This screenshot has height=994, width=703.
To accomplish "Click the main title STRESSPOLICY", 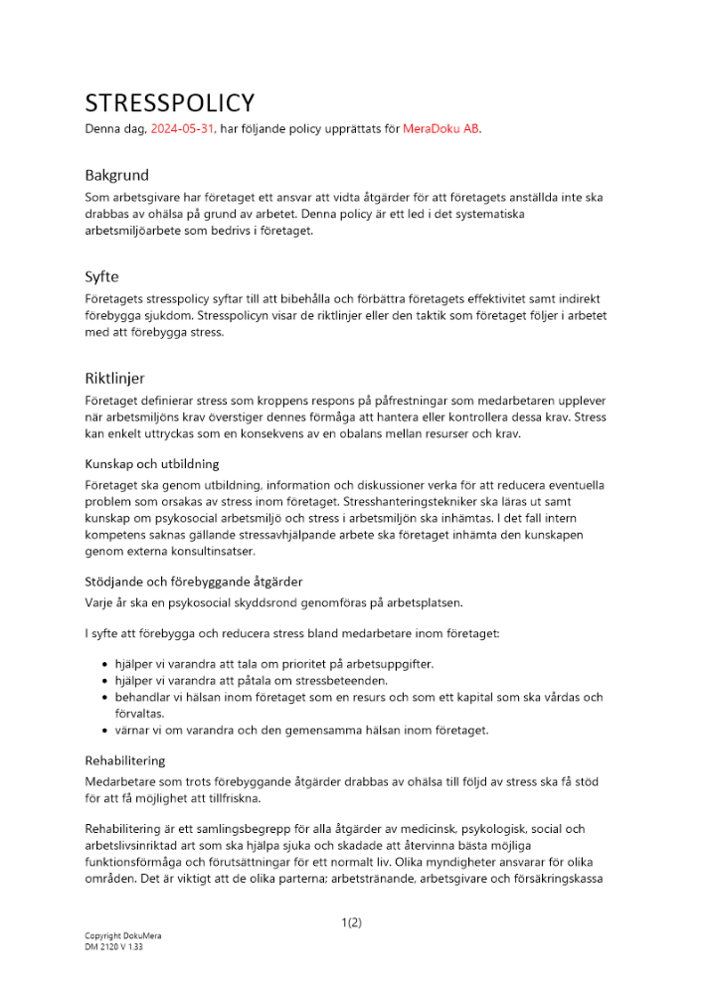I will [x=169, y=103].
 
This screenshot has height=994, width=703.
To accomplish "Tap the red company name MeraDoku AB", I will [x=440, y=129].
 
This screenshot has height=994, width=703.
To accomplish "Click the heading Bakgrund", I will [x=116, y=175].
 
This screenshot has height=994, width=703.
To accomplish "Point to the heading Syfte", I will [x=102, y=276].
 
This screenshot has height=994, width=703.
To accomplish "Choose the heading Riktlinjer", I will [x=114, y=378].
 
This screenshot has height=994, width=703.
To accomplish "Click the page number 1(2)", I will [x=351, y=922].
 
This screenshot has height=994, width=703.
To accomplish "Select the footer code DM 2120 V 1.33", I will [x=113, y=947].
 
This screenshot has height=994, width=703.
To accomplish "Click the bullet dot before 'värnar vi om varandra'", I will [x=105, y=731].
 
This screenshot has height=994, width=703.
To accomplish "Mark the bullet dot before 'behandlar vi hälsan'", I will [x=105, y=698].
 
